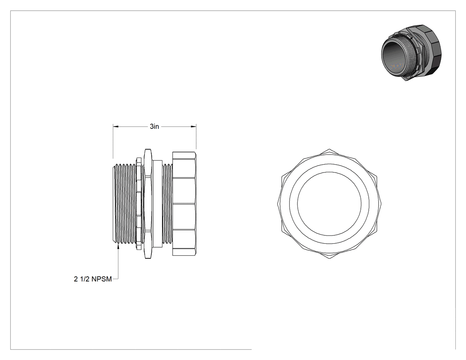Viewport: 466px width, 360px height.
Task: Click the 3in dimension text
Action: click(154, 127)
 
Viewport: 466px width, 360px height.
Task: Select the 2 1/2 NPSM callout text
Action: click(93, 279)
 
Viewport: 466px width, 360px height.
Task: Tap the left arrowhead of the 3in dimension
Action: click(115, 127)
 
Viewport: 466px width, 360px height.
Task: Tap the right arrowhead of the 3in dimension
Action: click(194, 127)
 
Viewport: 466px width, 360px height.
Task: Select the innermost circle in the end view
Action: click(329, 204)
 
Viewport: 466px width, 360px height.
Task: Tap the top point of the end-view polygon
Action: click(329, 149)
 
